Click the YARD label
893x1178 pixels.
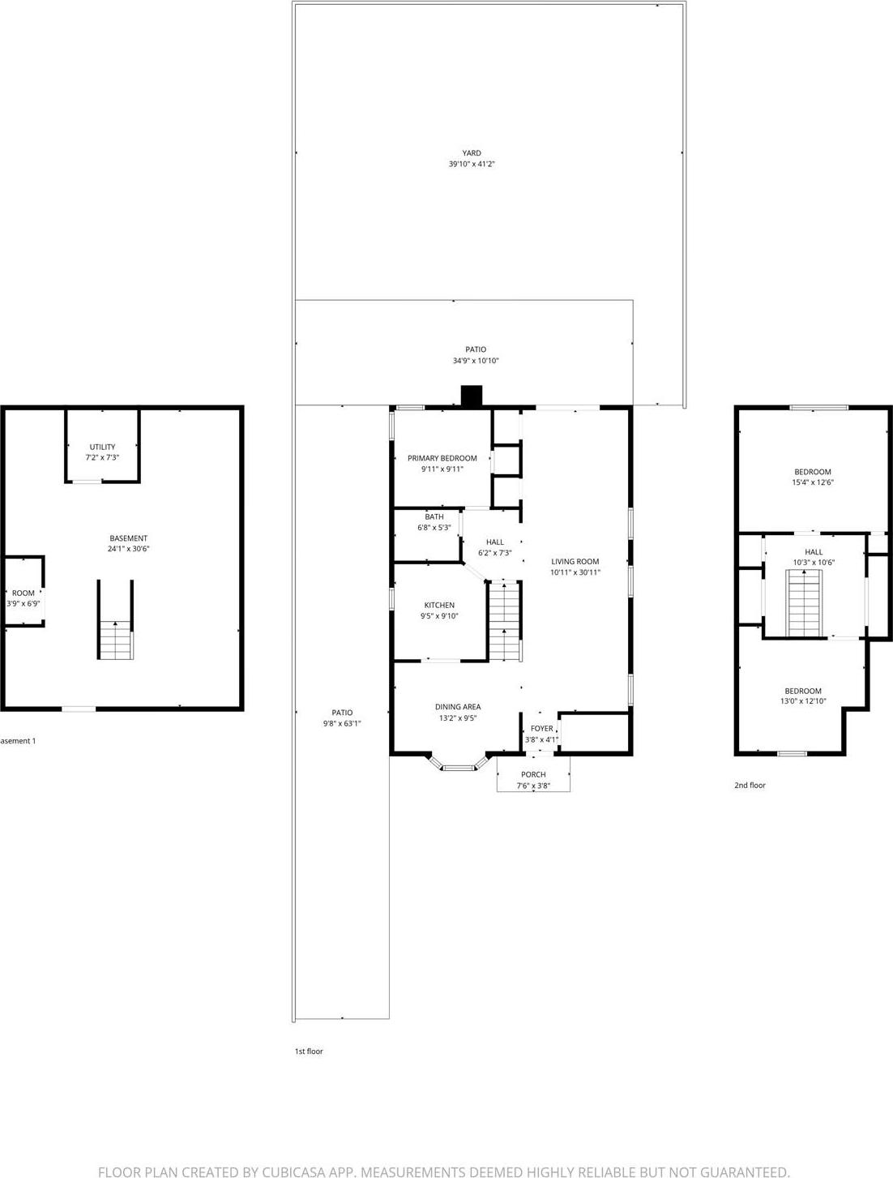(471, 152)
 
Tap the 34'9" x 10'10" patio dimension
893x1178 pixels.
(476, 361)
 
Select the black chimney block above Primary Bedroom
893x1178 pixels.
(471, 396)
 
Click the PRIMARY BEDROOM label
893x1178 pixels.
(442, 458)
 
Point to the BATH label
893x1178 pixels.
(434, 516)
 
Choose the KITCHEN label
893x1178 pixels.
(439, 605)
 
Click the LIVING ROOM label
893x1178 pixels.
(575, 561)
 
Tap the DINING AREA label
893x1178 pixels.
(458, 707)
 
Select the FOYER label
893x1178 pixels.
(541, 729)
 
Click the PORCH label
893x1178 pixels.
(533, 774)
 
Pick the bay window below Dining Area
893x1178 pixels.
(459, 764)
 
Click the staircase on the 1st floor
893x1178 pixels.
(504, 620)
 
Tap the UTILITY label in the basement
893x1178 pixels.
(102, 447)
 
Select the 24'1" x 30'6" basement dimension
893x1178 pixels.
(129, 549)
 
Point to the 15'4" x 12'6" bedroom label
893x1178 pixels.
(812, 482)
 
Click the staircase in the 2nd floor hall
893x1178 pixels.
(805, 603)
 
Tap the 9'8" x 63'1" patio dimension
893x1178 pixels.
(342, 723)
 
